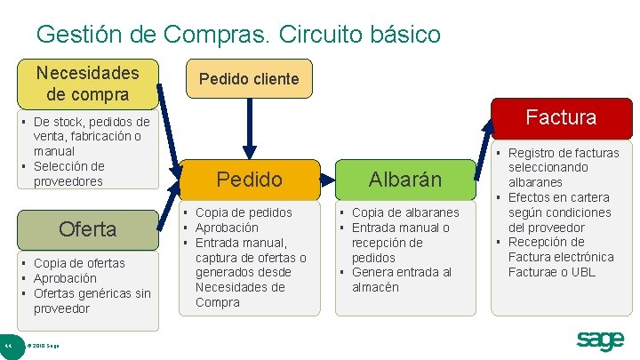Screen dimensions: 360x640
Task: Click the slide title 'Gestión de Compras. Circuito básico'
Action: click(x=238, y=35)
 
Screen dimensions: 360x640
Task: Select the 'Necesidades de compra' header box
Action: click(x=87, y=83)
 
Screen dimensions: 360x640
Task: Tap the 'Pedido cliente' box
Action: click(x=249, y=78)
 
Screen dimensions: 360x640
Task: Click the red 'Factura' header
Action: click(x=561, y=116)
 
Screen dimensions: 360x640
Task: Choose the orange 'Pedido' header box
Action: click(x=250, y=180)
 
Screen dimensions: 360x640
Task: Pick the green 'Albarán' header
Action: click(x=405, y=180)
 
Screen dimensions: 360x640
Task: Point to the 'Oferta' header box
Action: click(x=87, y=228)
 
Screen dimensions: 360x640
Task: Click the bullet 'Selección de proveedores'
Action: click(x=69, y=173)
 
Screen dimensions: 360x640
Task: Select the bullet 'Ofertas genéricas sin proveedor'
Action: click(x=92, y=300)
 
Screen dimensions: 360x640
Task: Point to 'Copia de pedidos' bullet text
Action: click(x=244, y=212)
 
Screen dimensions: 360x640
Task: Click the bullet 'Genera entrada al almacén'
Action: click(x=402, y=279)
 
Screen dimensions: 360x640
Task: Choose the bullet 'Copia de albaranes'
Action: click(x=405, y=212)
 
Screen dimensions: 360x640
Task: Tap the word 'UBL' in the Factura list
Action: click(x=584, y=272)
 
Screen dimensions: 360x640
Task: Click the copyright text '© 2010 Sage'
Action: click(x=44, y=345)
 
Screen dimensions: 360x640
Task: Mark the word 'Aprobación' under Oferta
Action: click(x=66, y=278)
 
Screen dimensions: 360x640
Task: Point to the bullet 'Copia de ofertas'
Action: click(x=79, y=263)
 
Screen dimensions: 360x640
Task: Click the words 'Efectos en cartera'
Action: click(x=558, y=197)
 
